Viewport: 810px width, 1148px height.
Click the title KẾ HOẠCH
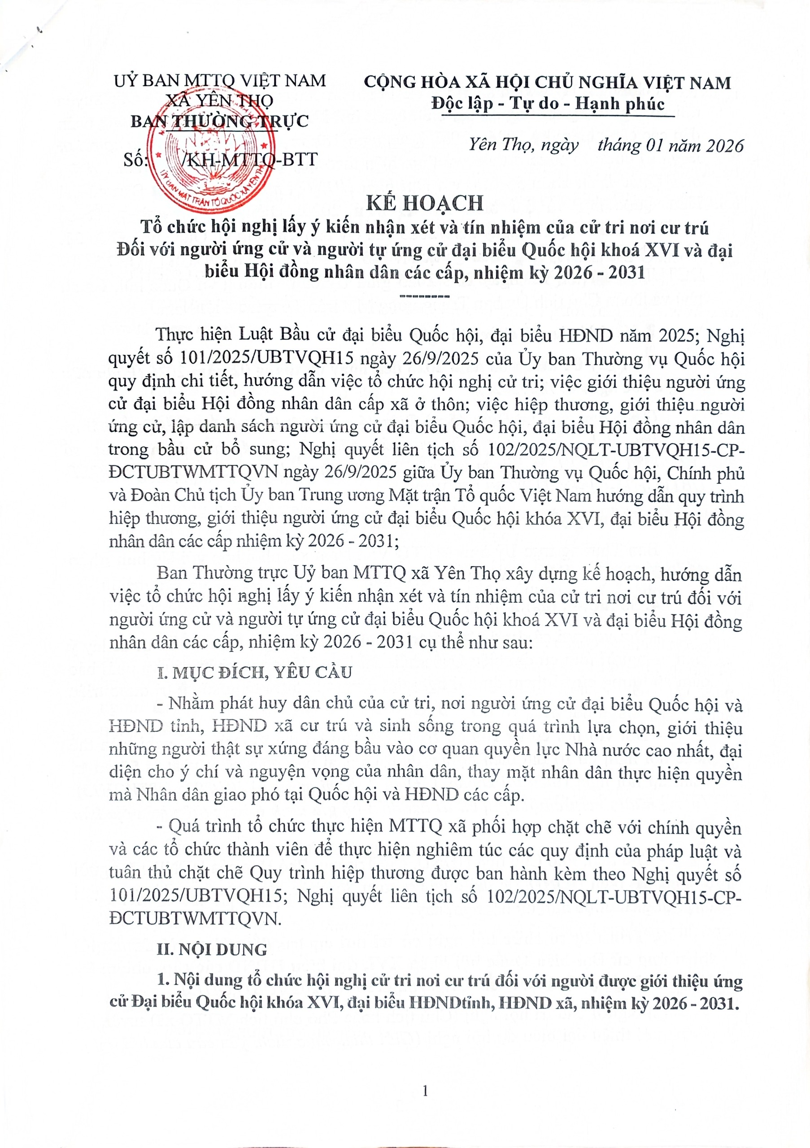(425, 203)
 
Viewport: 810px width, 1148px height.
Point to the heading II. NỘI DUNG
(213, 949)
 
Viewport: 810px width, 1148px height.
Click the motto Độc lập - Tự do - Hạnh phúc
(548, 104)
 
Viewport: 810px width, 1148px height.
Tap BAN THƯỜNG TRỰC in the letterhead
(219, 121)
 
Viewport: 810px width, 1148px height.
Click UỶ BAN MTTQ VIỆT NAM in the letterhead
(220, 81)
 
